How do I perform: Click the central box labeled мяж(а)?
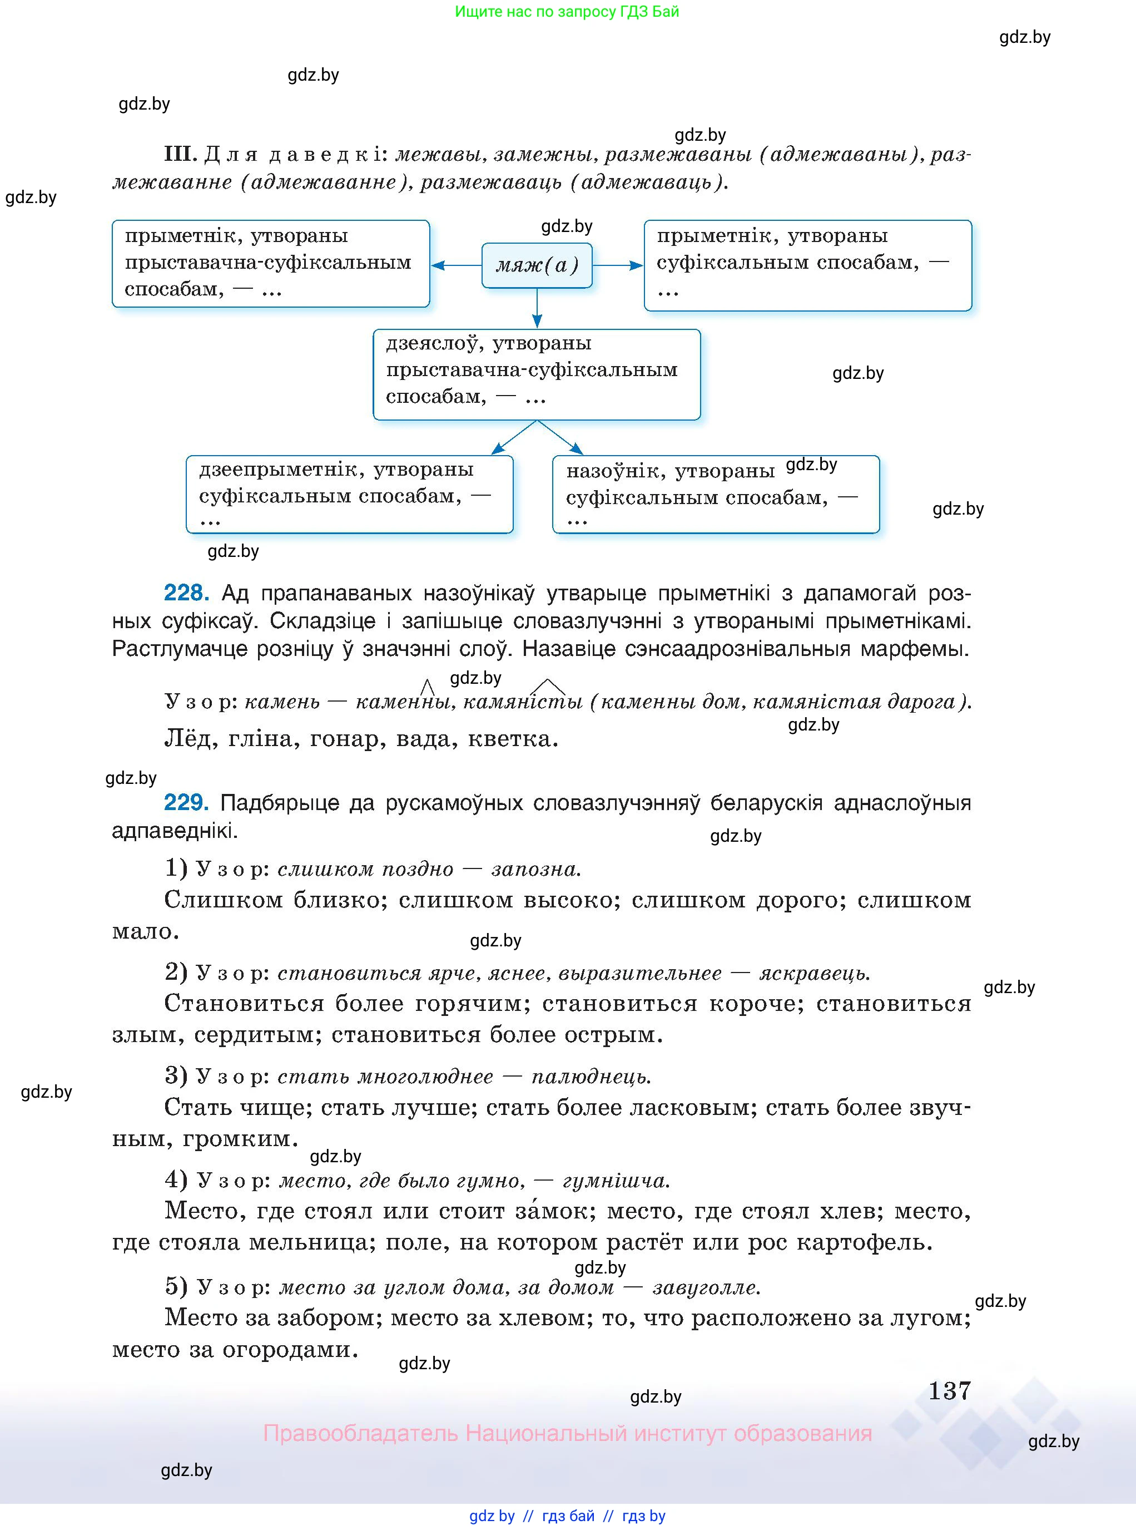(537, 265)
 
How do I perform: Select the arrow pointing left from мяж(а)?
(456, 265)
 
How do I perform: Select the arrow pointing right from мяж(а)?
(618, 265)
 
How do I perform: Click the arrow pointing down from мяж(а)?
(537, 308)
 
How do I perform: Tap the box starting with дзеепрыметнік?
(349, 494)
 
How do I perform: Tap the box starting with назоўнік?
(715, 494)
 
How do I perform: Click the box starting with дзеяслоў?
(537, 374)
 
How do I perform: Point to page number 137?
(949, 1390)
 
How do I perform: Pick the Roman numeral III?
(180, 154)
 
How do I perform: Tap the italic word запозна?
(535, 869)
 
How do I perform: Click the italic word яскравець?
(814, 974)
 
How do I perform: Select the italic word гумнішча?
(616, 1181)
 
